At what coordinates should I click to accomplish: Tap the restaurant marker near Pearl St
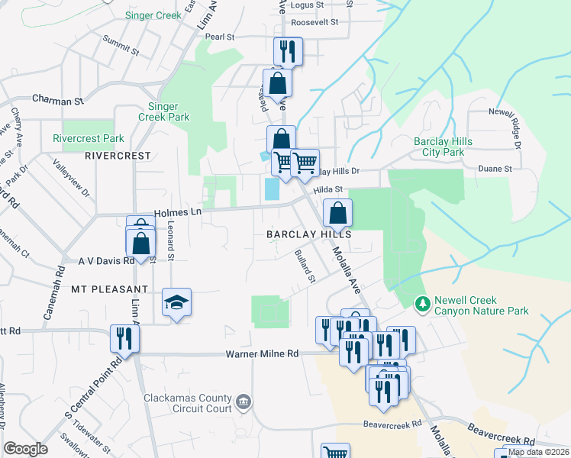click(288, 51)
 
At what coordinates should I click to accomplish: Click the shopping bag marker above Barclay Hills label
click(337, 213)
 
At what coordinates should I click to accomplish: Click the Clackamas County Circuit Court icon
click(243, 402)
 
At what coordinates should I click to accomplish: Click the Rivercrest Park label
click(89, 139)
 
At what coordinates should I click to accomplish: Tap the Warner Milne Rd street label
click(261, 354)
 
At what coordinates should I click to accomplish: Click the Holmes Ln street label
click(176, 214)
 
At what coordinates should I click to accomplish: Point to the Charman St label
click(57, 100)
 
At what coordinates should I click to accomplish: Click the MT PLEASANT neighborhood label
click(109, 289)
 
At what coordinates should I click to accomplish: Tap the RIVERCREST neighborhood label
click(118, 156)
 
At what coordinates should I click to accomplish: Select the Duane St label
click(493, 168)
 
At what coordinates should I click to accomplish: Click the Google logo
click(26, 449)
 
